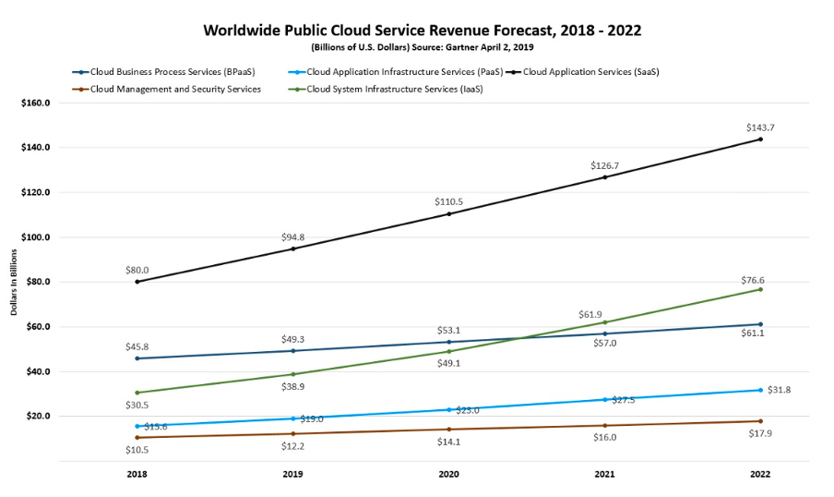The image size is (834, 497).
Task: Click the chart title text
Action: (422, 30)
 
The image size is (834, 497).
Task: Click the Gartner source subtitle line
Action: (422, 46)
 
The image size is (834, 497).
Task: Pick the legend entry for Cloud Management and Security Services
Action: (170, 89)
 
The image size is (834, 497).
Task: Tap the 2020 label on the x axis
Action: (448, 474)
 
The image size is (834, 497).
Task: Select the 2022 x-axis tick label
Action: (760, 474)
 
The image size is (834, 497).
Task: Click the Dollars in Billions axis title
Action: (14, 283)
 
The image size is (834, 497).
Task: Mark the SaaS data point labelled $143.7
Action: (760, 139)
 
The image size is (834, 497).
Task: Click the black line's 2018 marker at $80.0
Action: (137, 282)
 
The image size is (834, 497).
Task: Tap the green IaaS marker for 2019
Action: (293, 374)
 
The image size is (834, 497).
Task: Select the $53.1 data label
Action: (448, 330)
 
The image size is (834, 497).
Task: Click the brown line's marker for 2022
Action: (760, 421)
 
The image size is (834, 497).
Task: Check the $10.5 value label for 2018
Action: (137, 450)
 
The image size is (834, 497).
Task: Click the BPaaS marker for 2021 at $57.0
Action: (604, 333)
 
